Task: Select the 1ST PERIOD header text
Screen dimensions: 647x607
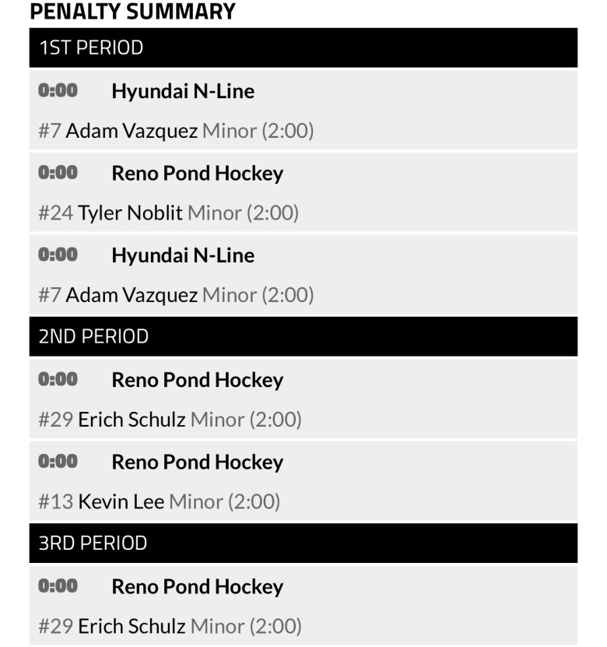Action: [x=91, y=47]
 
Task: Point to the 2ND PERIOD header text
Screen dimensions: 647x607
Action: [x=93, y=336]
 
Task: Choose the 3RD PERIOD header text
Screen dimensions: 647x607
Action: [x=93, y=543]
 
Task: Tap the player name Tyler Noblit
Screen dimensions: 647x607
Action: [x=130, y=213]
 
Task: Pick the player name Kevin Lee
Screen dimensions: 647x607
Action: [x=121, y=501]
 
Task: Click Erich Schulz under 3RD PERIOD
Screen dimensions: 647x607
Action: [x=132, y=625]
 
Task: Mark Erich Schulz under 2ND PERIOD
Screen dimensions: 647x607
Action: [x=132, y=419]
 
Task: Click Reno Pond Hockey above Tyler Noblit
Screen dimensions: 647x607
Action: [x=197, y=173]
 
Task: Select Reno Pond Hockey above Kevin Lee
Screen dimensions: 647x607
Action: [x=197, y=462]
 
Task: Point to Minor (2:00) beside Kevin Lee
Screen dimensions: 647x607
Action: [x=224, y=501]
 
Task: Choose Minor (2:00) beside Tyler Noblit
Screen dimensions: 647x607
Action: [x=243, y=213]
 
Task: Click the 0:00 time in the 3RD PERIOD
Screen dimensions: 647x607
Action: [x=58, y=585]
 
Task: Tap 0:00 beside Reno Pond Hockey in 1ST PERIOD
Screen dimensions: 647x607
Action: [x=58, y=172]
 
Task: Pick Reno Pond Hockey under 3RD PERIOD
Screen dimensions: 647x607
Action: [x=197, y=586]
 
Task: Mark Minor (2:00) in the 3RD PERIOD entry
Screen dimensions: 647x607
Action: [x=245, y=625]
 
